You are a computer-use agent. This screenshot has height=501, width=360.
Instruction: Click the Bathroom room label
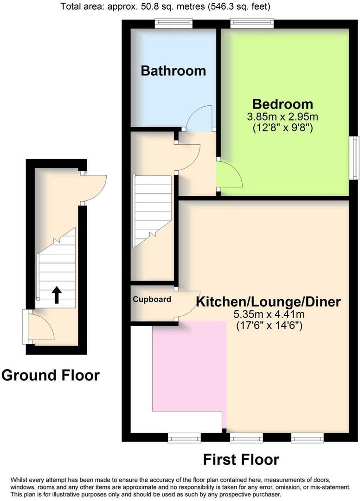pyautogui.click(x=173, y=71)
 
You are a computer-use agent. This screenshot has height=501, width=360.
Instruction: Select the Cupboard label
pyautogui.click(x=152, y=300)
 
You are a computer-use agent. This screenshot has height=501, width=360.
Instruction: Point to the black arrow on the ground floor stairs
pyautogui.click(x=57, y=295)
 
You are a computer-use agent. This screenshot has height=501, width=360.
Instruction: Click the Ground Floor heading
pyautogui.click(x=50, y=375)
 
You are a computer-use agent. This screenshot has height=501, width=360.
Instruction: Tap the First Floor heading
pyautogui.click(x=241, y=459)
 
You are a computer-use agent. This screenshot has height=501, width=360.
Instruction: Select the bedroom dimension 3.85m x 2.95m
pyautogui.click(x=282, y=116)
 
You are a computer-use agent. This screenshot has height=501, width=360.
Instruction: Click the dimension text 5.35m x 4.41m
pyautogui.click(x=269, y=315)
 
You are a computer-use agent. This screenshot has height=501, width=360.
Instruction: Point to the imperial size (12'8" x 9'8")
pyautogui.click(x=282, y=127)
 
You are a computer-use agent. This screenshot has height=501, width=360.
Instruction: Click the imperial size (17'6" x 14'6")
pyautogui.click(x=269, y=326)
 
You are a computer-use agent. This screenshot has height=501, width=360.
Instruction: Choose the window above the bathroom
pyautogui.click(x=174, y=21)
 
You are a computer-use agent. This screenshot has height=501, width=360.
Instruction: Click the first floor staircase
pyautogui.click(x=152, y=211)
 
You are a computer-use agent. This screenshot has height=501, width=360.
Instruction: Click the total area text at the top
pyautogui.click(x=166, y=7)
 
